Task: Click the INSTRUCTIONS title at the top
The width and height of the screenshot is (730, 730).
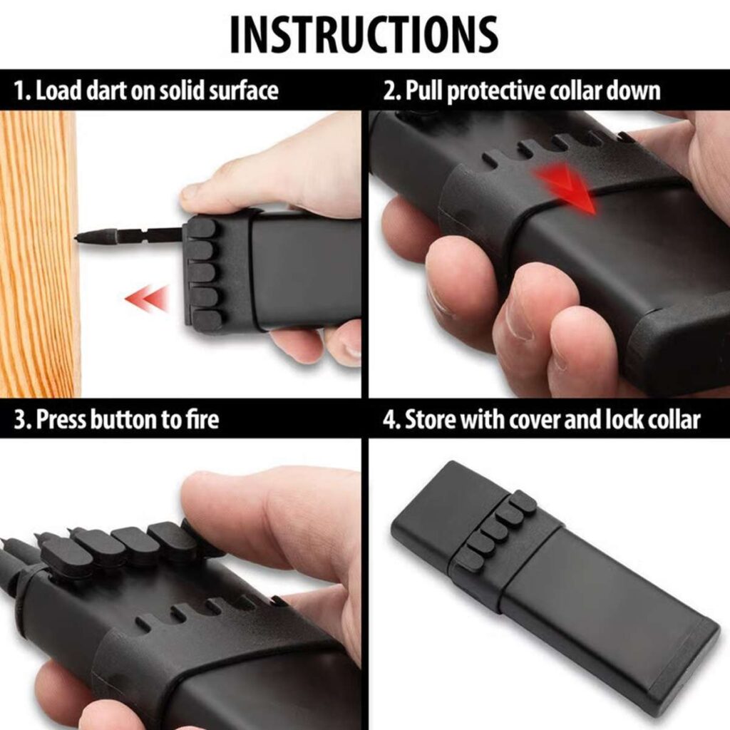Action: (x=364, y=35)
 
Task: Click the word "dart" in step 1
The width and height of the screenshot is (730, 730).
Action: (x=107, y=91)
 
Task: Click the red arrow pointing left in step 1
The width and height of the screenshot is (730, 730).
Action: (x=147, y=297)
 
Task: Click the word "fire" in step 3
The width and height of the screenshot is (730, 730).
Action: (x=202, y=419)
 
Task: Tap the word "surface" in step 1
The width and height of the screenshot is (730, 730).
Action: (x=243, y=91)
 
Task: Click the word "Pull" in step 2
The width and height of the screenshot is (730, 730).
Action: (x=424, y=91)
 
